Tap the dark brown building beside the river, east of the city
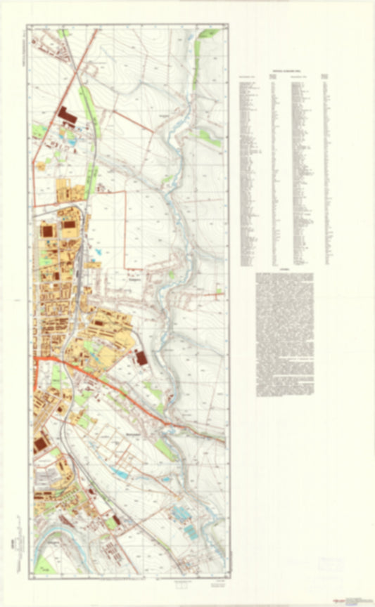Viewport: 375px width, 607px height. pos(141,358)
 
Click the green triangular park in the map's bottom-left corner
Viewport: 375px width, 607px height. pos(44,563)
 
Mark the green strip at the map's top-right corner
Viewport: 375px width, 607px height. pos(209,33)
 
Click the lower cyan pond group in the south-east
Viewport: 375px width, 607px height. pos(191,533)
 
